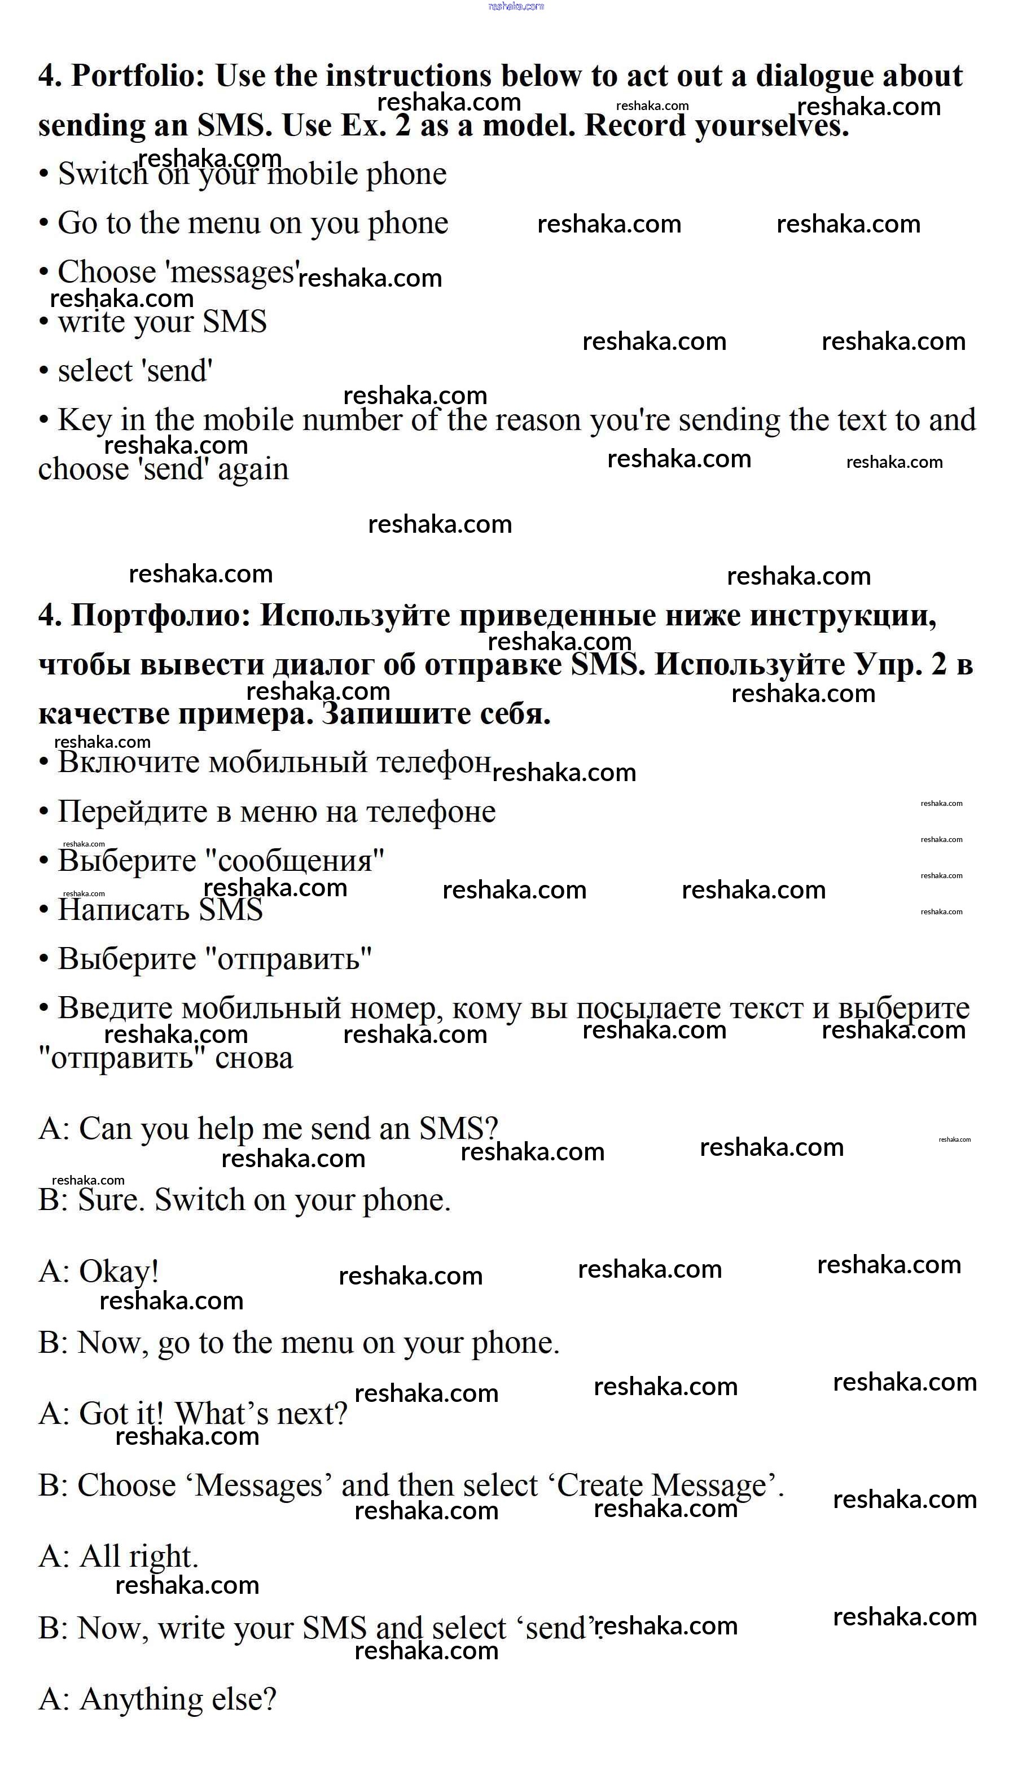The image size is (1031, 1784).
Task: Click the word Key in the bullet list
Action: [x=84, y=420]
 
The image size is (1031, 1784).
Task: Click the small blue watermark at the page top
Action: [x=516, y=6]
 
